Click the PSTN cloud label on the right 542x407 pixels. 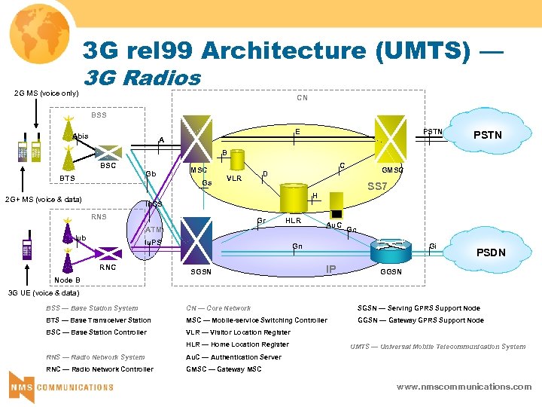(487, 136)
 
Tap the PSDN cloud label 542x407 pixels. (491, 252)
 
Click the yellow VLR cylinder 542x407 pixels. (236, 161)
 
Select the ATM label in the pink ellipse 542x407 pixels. (154, 229)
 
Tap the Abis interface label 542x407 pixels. (81, 136)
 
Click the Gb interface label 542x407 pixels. (151, 174)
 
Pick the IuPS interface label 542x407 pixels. (153, 242)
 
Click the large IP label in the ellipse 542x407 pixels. (330, 269)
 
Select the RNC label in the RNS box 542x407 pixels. (108, 267)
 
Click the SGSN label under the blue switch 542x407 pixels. (201, 271)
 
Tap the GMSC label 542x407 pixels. (392, 170)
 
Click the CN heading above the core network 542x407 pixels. (302, 98)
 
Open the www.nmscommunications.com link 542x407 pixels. (464, 387)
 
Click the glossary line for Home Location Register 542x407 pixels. (237, 344)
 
